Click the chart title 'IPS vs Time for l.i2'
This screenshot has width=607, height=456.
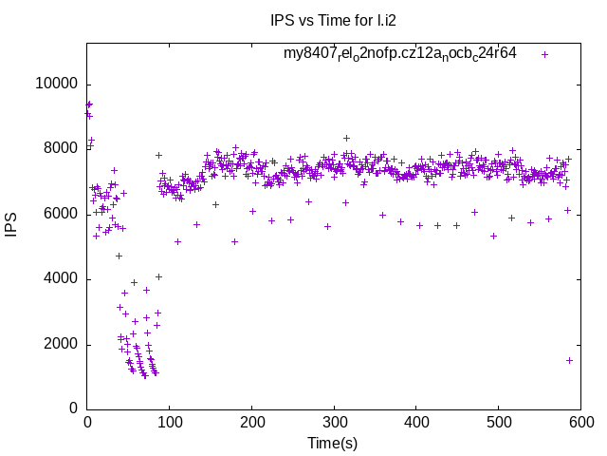pyautogui.click(x=332, y=20)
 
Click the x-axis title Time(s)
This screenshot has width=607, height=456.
pyautogui.click(x=332, y=443)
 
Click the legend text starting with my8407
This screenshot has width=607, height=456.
pyautogui.click(x=399, y=54)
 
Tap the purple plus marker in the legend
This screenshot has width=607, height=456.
pyautogui.click(x=544, y=54)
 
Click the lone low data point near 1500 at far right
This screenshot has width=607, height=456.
pyautogui.click(x=569, y=360)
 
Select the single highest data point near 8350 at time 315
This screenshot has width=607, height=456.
pyautogui.click(x=346, y=138)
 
